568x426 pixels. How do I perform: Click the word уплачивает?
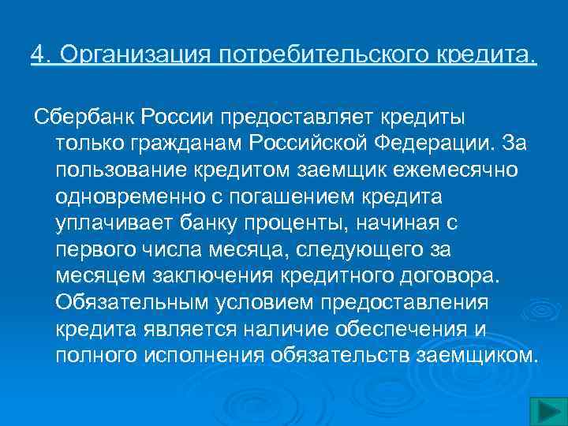point(106,223)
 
